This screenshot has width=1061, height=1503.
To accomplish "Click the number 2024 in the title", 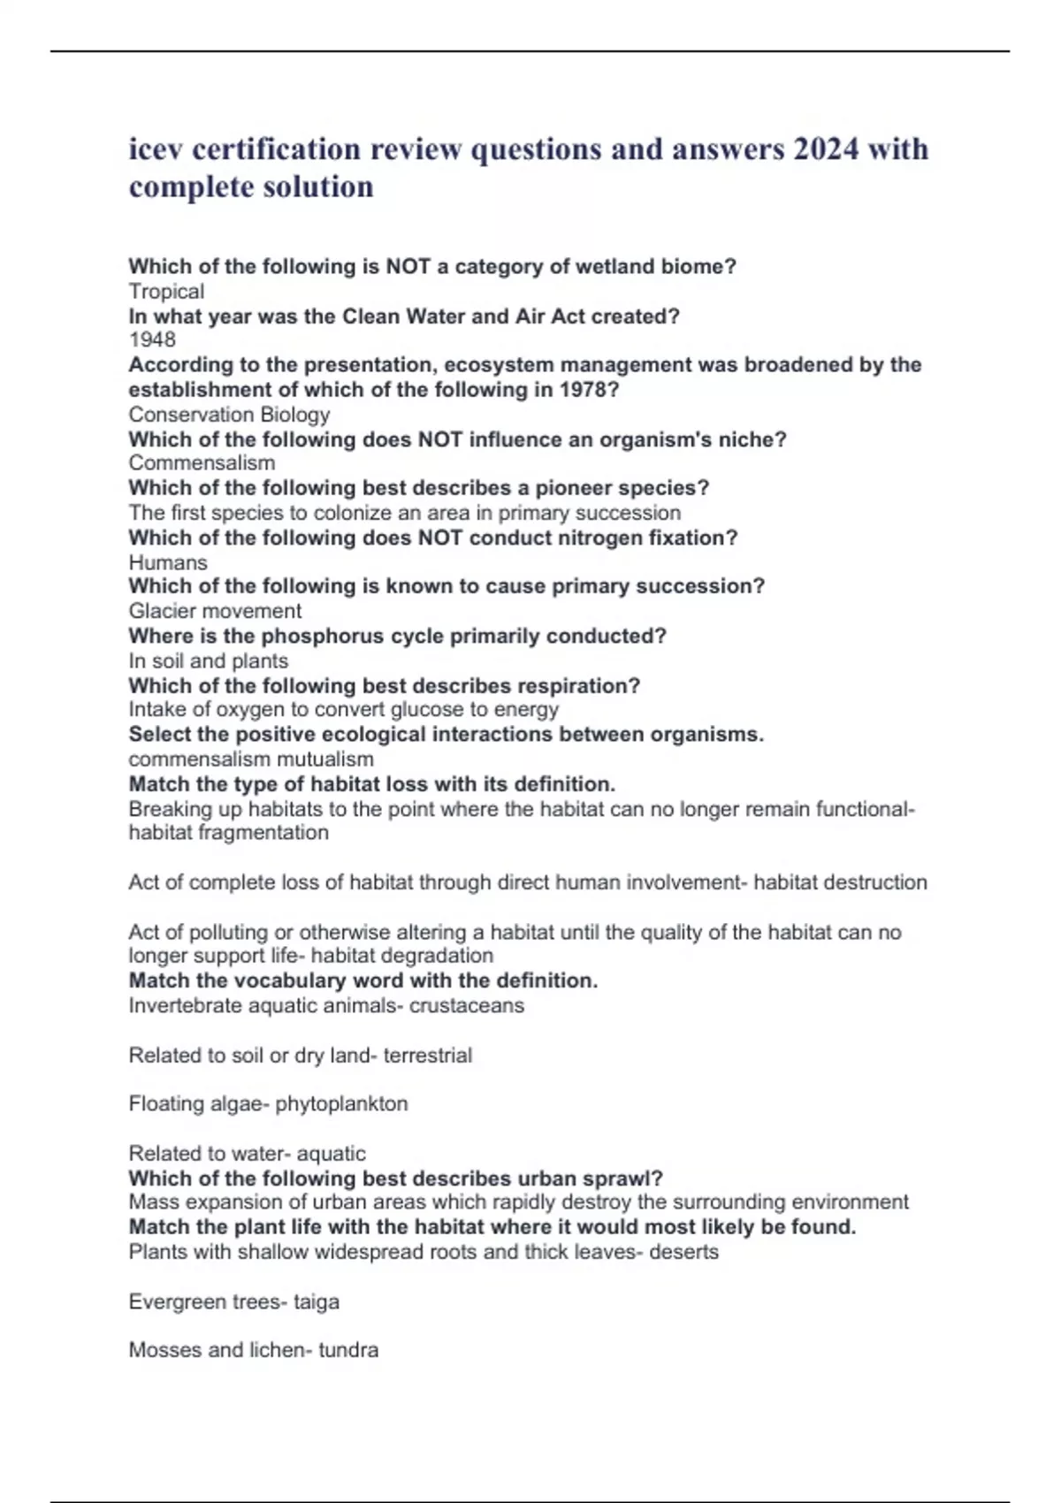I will pyautogui.click(x=826, y=149).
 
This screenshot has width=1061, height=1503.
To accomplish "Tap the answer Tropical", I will pyautogui.click(x=166, y=292).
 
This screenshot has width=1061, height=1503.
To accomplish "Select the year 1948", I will pyautogui.click(x=152, y=340).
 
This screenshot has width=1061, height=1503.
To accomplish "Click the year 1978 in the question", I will pyautogui.click(x=586, y=390).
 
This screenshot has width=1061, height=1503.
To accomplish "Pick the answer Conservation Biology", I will pyautogui.click(x=229, y=415).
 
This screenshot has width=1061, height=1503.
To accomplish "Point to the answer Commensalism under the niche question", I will pyautogui.click(x=202, y=463).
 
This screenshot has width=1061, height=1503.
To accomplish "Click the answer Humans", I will pyautogui.click(x=168, y=562).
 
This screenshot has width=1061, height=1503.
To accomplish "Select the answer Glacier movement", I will pyautogui.click(x=215, y=611).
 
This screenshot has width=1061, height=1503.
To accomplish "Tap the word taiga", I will pyautogui.click(x=317, y=1302).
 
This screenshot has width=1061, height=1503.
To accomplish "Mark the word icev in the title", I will pyautogui.click(x=156, y=149).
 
